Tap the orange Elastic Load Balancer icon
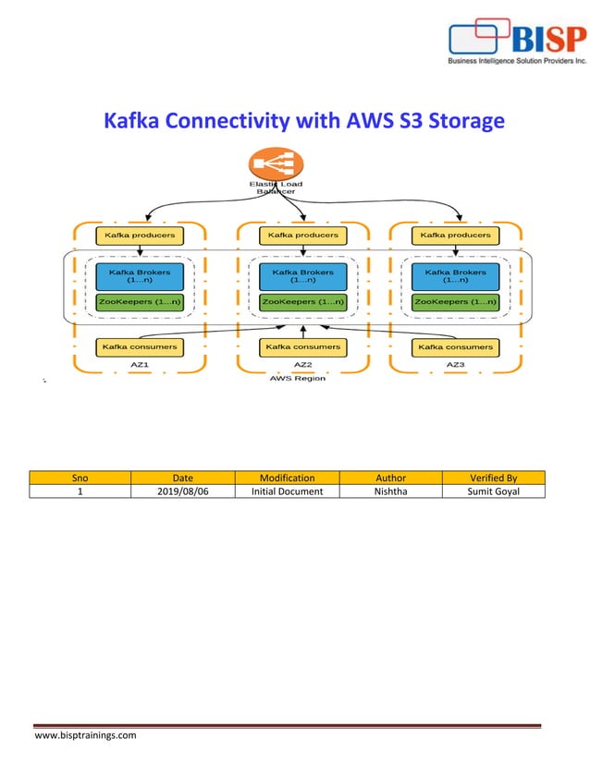coord(276,166)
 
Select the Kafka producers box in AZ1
coord(140,235)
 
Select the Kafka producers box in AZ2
coord(302,235)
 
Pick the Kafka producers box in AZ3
coord(455,235)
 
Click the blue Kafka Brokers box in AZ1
coord(140,276)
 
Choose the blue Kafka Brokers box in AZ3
coord(455,276)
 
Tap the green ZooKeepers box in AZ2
coord(302,301)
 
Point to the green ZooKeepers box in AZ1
coord(140,301)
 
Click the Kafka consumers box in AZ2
coord(302,346)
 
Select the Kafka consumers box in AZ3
coord(455,346)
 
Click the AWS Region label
coord(297,378)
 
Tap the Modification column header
coord(287,478)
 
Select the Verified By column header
coord(493,478)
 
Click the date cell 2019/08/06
coord(182,491)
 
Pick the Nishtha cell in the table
coord(390,491)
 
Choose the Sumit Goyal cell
coord(493,491)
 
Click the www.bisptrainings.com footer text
coord(85,735)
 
